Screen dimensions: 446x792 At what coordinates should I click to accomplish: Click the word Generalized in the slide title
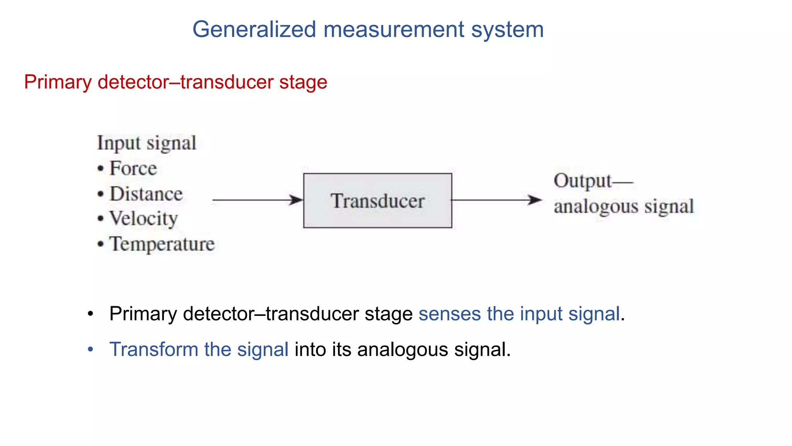(x=254, y=30)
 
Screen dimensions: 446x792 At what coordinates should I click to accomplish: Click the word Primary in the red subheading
(x=58, y=82)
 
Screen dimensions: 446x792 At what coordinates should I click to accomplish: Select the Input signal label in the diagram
(x=147, y=143)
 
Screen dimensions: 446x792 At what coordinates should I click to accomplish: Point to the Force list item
(x=133, y=168)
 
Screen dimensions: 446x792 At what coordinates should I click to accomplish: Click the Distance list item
(x=146, y=194)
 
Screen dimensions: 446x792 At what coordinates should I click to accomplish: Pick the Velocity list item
(x=143, y=219)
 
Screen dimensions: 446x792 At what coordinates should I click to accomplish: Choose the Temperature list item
(x=162, y=244)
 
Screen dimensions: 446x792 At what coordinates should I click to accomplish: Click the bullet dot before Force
(x=101, y=169)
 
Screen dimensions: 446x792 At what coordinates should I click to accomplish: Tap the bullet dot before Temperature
(x=101, y=244)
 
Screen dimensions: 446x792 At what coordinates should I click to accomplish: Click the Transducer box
(x=377, y=201)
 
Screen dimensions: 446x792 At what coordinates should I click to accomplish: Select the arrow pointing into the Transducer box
(x=258, y=200)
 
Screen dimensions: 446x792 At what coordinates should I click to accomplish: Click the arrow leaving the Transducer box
(x=497, y=200)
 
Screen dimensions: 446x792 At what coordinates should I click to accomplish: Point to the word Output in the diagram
(x=582, y=181)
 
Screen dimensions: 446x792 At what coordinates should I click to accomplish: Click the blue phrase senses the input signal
(x=519, y=314)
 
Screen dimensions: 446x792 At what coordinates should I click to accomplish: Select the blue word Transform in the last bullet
(x=154, y=349)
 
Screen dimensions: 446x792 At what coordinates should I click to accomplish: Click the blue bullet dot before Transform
(x=90, y=350)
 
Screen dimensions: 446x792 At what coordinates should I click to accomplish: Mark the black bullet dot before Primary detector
(x=90, y=314)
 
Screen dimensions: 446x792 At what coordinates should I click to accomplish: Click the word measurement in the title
(x=394, y=30)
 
